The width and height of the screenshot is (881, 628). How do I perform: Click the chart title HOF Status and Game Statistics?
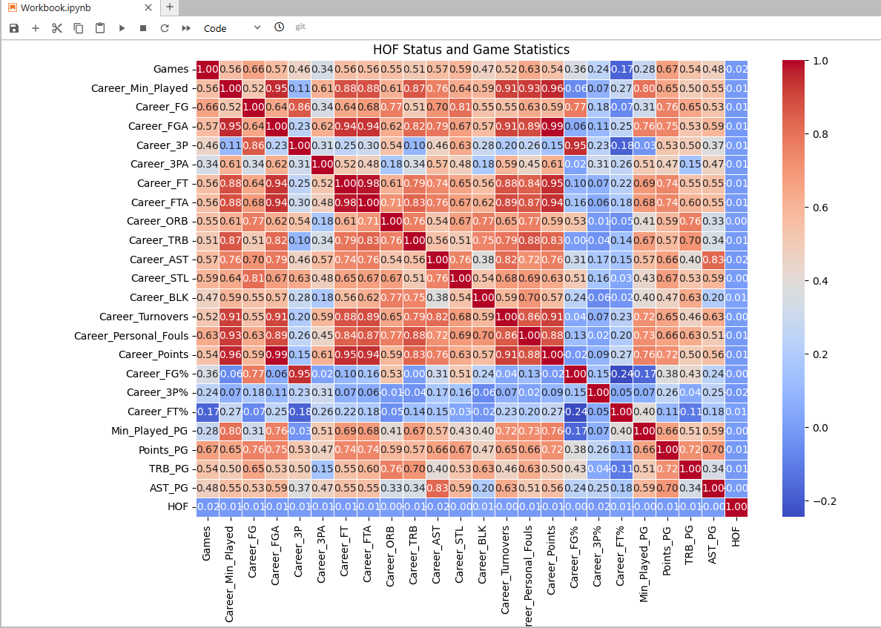pyautogui.click(x=471, y=50)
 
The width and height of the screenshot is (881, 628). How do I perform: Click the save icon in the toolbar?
pyautogui.click(x=14, y=27)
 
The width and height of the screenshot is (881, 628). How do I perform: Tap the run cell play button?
pyautogui.click(x=122, y=27)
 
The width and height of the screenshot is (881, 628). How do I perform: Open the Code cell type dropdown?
pyautogui.click(x=232, y=27)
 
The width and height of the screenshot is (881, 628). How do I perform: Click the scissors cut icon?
pyautogui.click(x=57, y=27)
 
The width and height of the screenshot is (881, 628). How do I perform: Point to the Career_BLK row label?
pyautogui.click(x=161, y=297)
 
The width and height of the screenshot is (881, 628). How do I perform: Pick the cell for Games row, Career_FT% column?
pyautogui.click(x=621, y=69)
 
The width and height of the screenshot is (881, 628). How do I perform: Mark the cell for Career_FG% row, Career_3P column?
pyautogui.click(x=300, y=373)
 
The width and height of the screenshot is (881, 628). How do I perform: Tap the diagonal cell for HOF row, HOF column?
pyautogui.click(x=736, y=506)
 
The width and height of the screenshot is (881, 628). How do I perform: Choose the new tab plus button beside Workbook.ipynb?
pyautogui.click(x=169, y=7)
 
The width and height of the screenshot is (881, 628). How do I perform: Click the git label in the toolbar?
pyautogui.click(x=300, y=27)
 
